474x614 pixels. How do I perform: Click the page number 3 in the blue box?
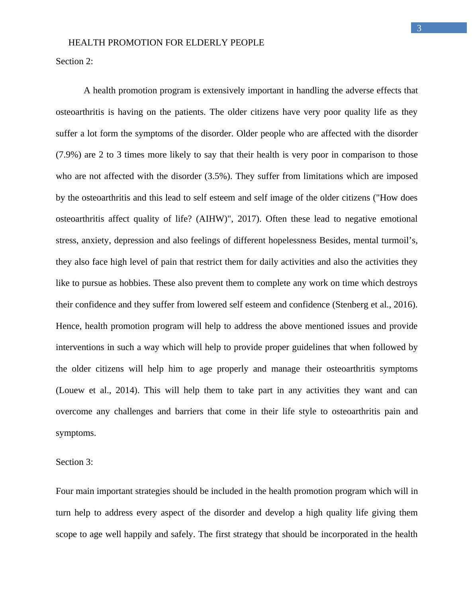coord(419,28)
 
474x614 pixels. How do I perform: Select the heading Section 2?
coord(74,61)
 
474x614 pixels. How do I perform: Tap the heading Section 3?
coord(74,462)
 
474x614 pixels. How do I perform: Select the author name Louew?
coord(71,390)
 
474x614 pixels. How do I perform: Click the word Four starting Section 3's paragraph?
coord(65,491)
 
